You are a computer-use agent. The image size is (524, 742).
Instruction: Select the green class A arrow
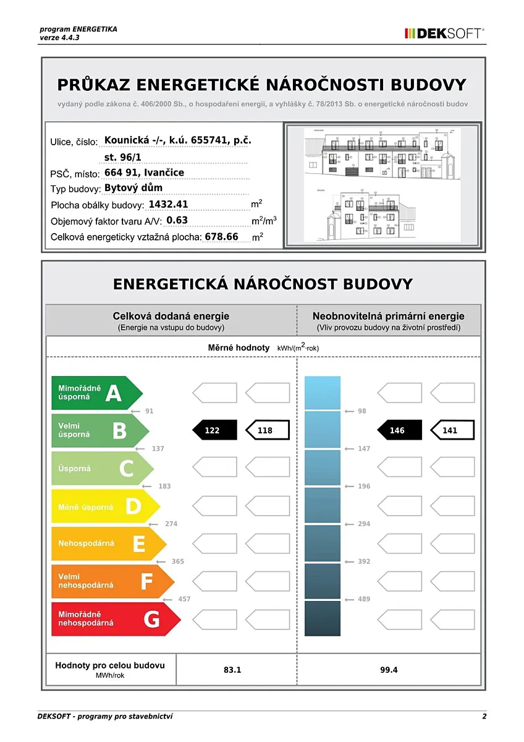coord(96,393)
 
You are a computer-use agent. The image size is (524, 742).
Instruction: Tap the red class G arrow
coord(114,619)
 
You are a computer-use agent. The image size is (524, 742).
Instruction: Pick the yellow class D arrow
coord(105,506)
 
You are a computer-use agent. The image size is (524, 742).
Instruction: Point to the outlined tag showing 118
coord(267,430)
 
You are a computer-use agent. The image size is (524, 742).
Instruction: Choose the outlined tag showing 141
coord(452,430)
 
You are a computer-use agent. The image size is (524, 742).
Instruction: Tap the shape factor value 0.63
coord(177,220)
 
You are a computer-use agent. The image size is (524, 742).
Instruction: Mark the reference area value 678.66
coord(221,236)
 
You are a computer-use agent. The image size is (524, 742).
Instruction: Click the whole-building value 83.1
coord(232,670)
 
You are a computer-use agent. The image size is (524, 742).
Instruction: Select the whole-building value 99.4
coord(389,670)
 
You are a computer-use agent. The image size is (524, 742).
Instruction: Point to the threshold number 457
coord(184,599)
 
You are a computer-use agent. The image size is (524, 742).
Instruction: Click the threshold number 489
coord(364,599)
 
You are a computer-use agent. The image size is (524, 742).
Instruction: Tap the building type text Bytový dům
coord(133,188)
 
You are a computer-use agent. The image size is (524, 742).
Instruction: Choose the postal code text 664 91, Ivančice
coord(144,173)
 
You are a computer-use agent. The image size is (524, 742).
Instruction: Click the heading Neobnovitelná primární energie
coord(388,316)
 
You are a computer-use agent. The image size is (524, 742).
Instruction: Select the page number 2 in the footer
coord(484,717)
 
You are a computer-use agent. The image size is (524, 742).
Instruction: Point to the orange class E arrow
coord(108,544)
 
